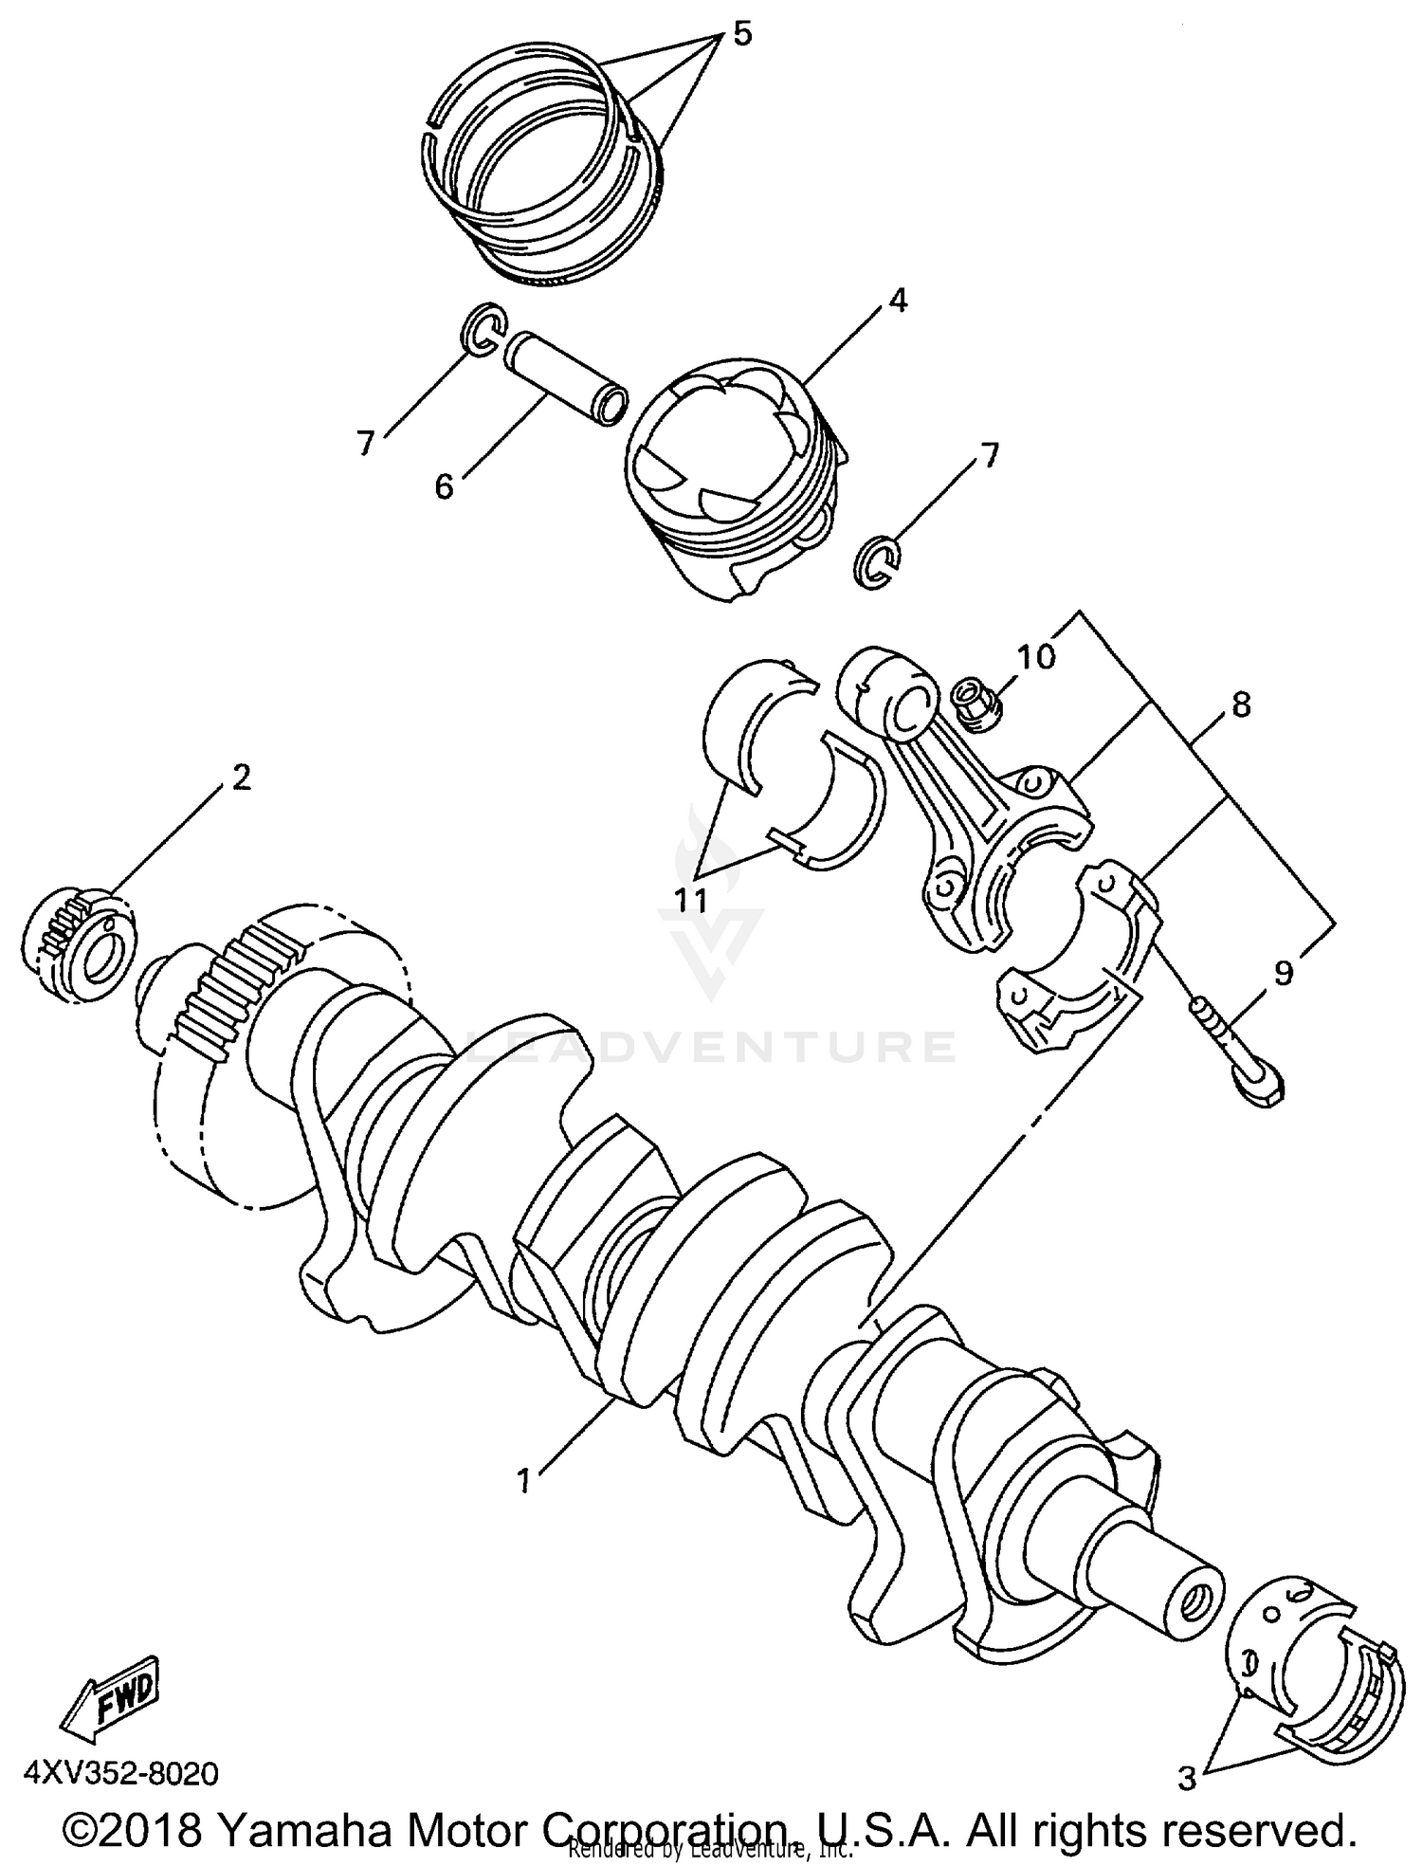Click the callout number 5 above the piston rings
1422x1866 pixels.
(742, 35)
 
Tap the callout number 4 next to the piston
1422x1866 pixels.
(898, 302)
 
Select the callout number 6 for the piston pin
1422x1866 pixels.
(444, 486)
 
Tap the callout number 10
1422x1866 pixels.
(1036, 656)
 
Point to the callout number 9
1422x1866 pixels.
(1284, 974)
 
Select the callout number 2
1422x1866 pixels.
(242, 777)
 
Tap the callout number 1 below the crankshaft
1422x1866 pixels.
(524, 1480)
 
